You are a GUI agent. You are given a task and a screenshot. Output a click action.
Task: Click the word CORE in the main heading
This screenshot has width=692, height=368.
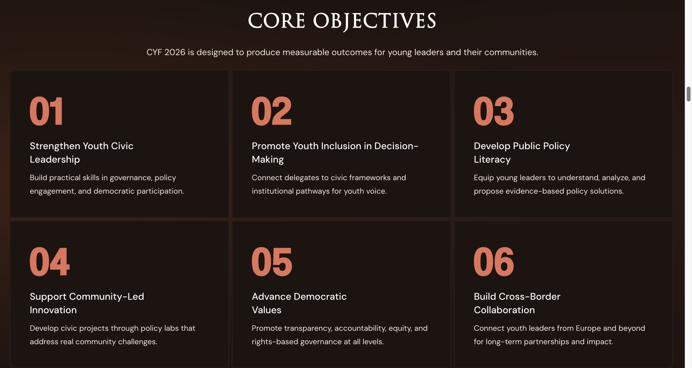click(x=277, y=21)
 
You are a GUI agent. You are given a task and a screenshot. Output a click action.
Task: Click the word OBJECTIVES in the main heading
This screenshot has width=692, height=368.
click(x=375, y=22)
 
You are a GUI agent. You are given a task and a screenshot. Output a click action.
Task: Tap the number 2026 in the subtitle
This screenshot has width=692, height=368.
click(x=175, y=52)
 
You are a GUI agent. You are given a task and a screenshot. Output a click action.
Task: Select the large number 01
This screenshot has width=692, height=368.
click(x=46, y=111)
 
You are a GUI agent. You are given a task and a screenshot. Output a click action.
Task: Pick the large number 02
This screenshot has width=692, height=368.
click(x=272, y=111)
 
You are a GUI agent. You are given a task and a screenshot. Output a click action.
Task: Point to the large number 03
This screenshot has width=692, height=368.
click(x=494, y=111)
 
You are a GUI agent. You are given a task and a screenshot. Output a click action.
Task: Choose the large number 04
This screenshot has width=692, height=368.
click(x=50, y=262)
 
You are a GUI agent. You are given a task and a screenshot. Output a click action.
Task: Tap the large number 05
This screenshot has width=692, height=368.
click(x=272, y=262)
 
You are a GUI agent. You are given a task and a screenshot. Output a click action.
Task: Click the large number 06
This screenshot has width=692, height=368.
click(x=494, y=262)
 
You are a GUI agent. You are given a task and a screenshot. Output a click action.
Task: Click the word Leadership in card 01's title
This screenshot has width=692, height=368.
click(x=55, y=160)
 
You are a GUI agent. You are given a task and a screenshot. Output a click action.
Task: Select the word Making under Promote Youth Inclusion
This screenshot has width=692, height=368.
click(x=268, y=160)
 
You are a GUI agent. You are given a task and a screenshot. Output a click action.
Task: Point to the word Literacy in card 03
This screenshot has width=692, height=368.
click(x=492, y=160)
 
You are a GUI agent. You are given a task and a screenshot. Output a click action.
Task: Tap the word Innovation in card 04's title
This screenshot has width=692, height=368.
click(x=53, y=310)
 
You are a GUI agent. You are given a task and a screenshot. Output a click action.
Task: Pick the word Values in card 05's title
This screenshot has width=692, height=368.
click(x=267, y=310)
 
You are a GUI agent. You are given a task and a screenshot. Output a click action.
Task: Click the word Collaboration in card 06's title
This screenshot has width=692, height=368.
click(x=504, y=310)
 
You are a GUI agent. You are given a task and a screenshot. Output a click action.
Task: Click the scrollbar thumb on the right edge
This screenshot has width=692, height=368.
click(x=689, y=94)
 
